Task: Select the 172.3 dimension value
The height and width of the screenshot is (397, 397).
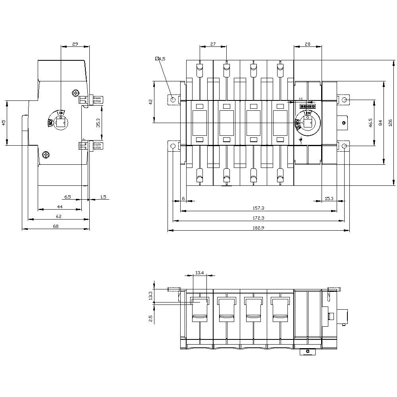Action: pyautogui.click(x=258, y=218)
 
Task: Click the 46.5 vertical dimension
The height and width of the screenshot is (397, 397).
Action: pyautogui.click(x=370, y=123)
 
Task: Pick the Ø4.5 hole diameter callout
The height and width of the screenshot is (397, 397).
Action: pyautogui.click(x=160, y=59)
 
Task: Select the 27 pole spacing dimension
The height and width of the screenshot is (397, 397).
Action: pyautogui.click(x=213, y=44)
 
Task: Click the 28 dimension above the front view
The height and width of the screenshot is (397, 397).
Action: pyautogui.click(x=307, y=44)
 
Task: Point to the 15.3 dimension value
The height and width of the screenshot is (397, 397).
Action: pyautogui.click(x=329, y=198)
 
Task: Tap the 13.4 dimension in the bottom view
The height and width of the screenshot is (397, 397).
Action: pyautogui.click(x=200, y=273)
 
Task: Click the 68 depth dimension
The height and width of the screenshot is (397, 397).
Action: pyautogui.click(x=56, y=226)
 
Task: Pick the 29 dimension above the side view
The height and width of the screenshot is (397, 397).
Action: pyautogui.click(x=75, y=44)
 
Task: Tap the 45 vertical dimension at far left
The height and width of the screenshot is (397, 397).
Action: pyautogui.click(x=4, y=123)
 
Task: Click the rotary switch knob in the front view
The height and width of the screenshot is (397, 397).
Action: pyautogui.click(x=307, y=122)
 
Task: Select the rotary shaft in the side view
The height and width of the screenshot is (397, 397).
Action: pyautogui.click(x=61, y=123)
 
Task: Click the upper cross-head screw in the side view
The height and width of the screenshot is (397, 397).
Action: pyautogui.click(x=75, y=93)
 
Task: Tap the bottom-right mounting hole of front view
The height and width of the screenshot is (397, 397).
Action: pyautogui.click(x=344, y=146)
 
